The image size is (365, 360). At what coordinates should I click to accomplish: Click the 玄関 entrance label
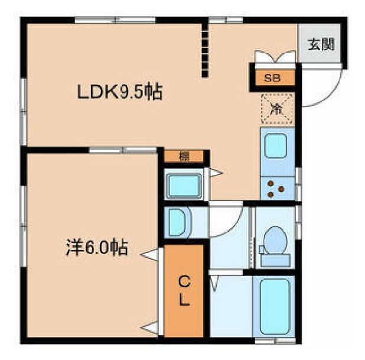(322, 44)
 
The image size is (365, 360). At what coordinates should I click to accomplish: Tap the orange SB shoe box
(272, 77)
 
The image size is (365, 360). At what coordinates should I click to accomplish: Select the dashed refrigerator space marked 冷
(276, 108)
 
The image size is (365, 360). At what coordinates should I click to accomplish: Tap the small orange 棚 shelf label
(184, 157)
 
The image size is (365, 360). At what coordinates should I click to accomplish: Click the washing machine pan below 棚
(183, 185)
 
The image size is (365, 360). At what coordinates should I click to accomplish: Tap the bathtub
(275, 307)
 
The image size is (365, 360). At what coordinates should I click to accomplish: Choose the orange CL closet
(184, 291)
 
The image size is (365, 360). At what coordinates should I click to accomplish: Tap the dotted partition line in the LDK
(205, 50)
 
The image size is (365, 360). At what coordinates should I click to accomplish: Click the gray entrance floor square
(322, 44)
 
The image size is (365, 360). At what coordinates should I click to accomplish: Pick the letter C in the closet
(184, 280)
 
